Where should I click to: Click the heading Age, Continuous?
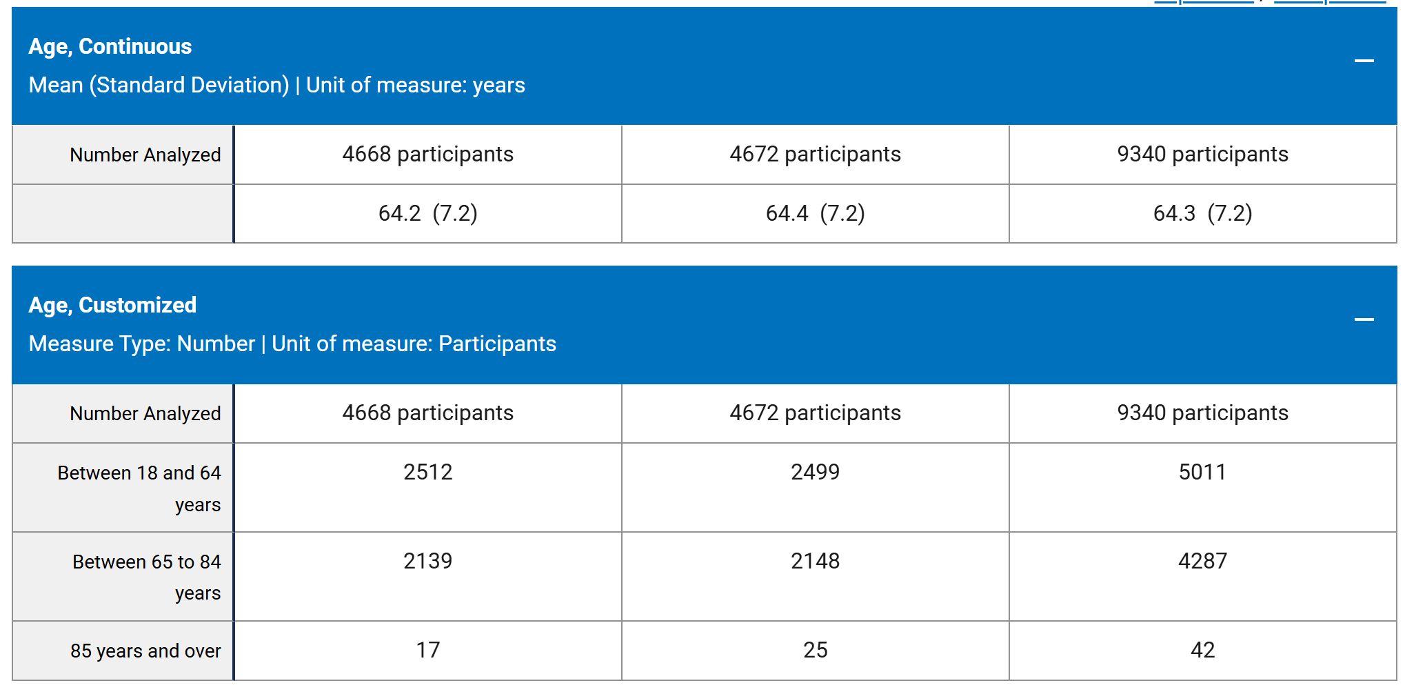tap(110, 46)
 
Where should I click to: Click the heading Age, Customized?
tap(112, 305)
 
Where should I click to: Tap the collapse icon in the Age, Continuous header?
tap(1364, 61)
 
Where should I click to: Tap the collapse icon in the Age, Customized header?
tap(1364, 319)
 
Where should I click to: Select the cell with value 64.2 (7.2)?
tap(428, 213)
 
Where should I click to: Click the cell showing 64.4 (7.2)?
tap(816, 213)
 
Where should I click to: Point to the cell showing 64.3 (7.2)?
tap(1203, 213)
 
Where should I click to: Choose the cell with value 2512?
tap(428, 487)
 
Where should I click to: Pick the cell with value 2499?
tap(816, 487)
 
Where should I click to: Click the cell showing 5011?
tap(1203, 487)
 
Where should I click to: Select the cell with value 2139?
tap(428, 576)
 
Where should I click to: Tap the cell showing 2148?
tap(816, 576)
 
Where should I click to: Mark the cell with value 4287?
tap(1203, 576)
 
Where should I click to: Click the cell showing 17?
tap(428, 651)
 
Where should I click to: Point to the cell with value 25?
tap(816, 651)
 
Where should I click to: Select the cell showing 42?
tap(1203, 651)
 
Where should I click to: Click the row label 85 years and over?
tap(145, 651)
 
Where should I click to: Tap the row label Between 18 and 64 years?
tap(139, 488)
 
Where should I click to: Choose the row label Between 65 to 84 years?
tap(147, 577)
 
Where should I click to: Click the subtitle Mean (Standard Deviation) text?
tap(159, 85)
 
